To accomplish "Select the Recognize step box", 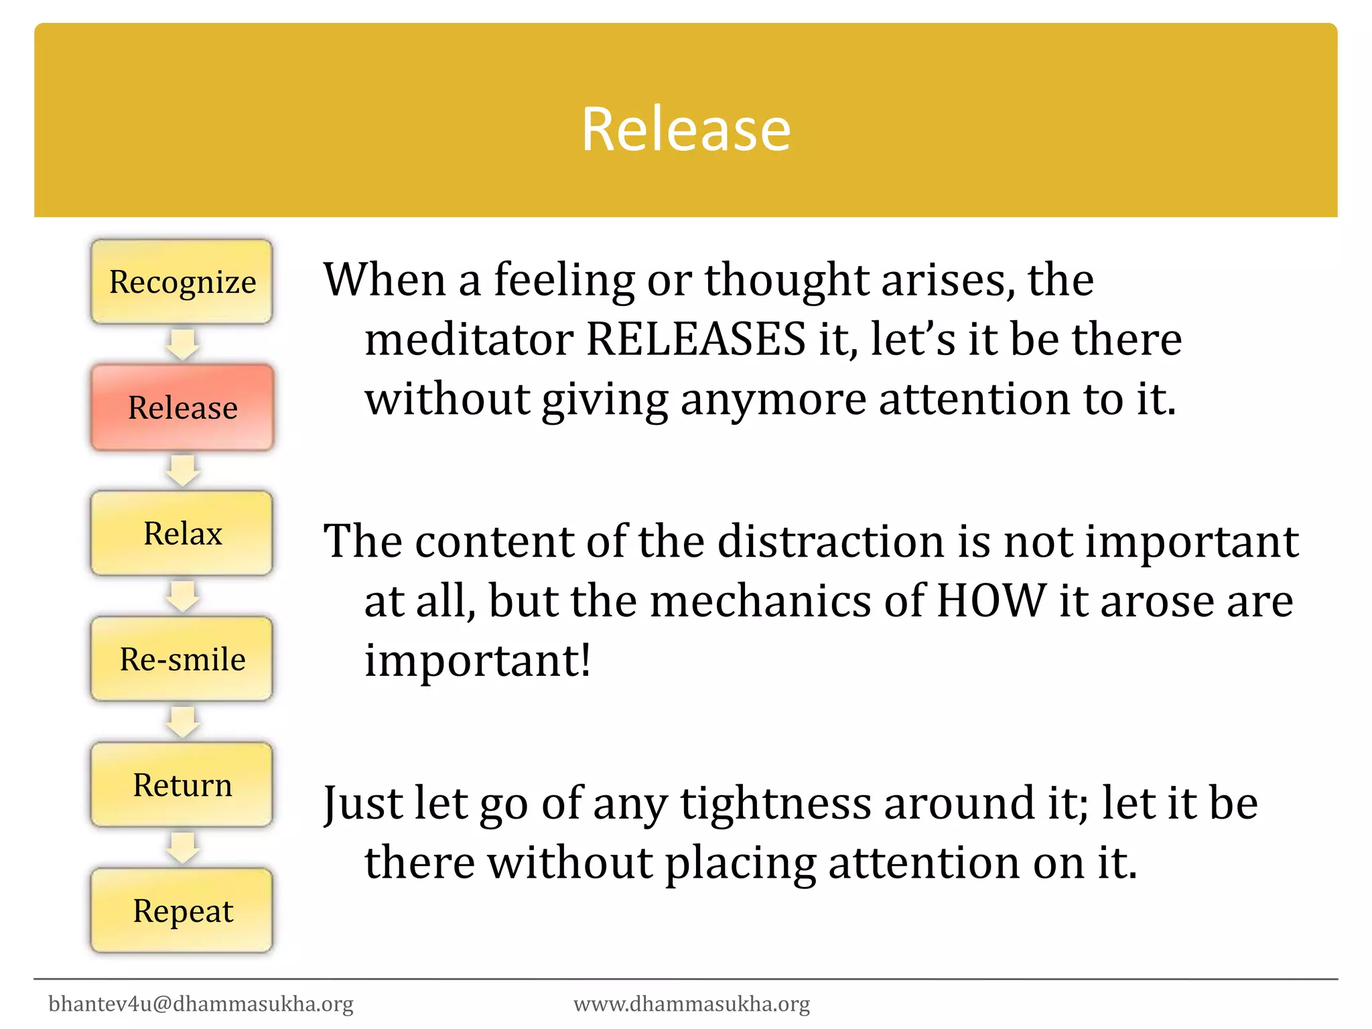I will click(182, 282).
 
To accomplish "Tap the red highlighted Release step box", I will click(182, 407).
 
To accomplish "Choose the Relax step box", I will click(182, 533).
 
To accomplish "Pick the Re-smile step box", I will click(182, 659).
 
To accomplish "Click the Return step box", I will click(182, 785).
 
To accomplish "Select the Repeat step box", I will click(182, 911).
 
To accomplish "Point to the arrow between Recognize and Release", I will click(182, 344).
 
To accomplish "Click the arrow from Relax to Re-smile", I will click(182, 596).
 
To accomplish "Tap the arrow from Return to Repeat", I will click(182, 848).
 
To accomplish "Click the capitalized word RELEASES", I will click(695, 339).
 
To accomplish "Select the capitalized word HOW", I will click(991, 600).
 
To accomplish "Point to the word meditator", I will click(468, 339).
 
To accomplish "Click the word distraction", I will click(831, 541).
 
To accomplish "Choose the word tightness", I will click(776, 803).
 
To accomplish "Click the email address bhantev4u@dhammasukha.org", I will click(201, 1004).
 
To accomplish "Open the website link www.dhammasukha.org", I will click(692, 1004).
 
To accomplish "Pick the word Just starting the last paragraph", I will click(362, 803).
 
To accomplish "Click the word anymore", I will click(773, 399).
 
